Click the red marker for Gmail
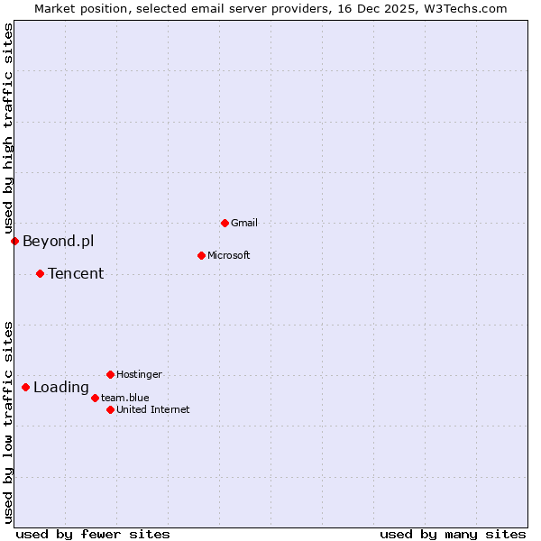(x=225, y=223)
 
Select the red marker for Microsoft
(x=201, y=255)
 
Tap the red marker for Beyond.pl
(x=14, y=241)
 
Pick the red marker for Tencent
(x=40, y=273)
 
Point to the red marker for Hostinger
(x=110, y=374)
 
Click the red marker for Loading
(x=25, y=387)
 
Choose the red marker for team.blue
(x=95, y=398)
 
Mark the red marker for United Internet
(x=110, y=409)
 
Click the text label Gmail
(x=244, y=223)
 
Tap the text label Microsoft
(x=229, y=255)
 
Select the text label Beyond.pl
(x=58, y=241)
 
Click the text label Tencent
(x=76, y=273)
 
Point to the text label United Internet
(x=152, y=409)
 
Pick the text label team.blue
(x=124, y=398)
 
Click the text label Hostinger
(x=139, y=374)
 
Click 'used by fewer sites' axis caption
(x=93, y=534)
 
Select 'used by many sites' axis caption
(x=453, y=534)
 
